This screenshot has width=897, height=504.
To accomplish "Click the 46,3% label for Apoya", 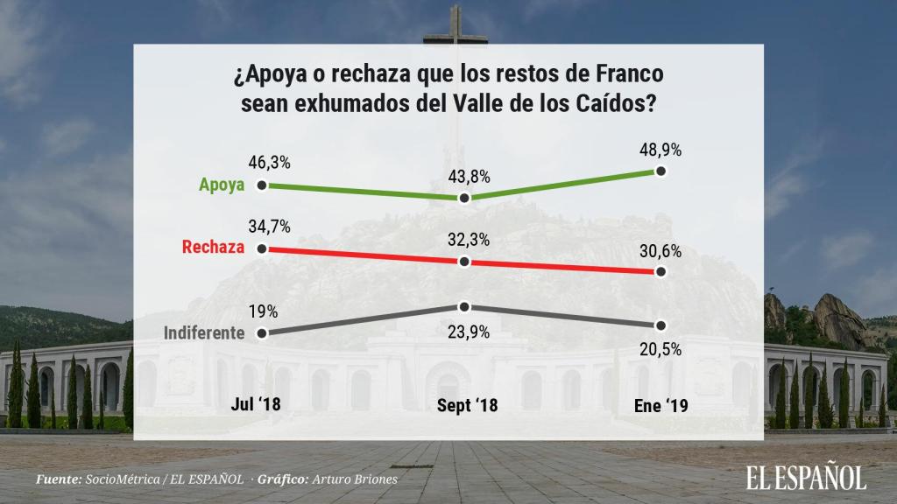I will coord(270,163).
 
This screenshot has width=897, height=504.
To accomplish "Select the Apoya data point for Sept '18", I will coord(465,199).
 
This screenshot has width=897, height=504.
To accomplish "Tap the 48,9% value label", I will coord(661,150).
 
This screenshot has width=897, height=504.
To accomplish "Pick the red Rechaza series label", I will coord(212,248).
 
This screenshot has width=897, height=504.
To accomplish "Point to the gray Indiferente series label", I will coord(204,333).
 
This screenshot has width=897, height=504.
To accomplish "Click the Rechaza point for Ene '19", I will coord(661,273).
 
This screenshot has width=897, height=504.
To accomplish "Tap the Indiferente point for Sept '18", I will coord(465,306).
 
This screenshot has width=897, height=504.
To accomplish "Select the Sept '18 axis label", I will coord(466,405).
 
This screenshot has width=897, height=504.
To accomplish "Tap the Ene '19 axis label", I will coord(661,405).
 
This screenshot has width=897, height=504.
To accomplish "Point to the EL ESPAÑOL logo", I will coord(806,477).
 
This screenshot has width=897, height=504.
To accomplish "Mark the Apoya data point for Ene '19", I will coord(661,172).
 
